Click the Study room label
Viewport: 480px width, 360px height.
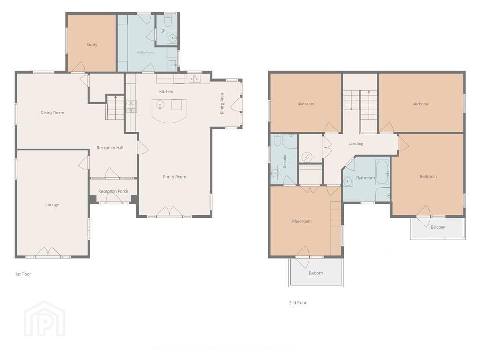click(92, 45)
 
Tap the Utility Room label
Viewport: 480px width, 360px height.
click(145, 52)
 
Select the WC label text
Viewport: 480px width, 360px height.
click(163, 30)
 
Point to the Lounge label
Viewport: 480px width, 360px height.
click(52, 205)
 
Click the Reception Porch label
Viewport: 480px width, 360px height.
click(113, 191)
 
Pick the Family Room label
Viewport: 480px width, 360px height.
click(174, 177)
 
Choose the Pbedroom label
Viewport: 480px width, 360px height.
click(302, 221)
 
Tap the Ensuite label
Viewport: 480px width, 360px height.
click(285, 161)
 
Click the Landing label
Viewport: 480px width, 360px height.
click(356, 143)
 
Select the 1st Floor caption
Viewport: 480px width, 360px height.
click(23, 274)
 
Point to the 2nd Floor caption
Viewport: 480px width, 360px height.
click(298, 302)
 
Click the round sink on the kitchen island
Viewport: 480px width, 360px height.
click(160, 105)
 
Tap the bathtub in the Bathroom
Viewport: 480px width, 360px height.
click(382, 173)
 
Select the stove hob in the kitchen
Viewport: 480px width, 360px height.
click(131, 106)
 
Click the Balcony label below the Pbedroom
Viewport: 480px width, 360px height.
click(316, 273)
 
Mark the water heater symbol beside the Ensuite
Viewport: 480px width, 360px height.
click(307, 157)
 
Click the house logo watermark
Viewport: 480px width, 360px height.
click(45, 319)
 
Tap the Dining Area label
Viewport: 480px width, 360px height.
click(222, 104)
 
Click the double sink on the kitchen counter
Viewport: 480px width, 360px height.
click(195, 79)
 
